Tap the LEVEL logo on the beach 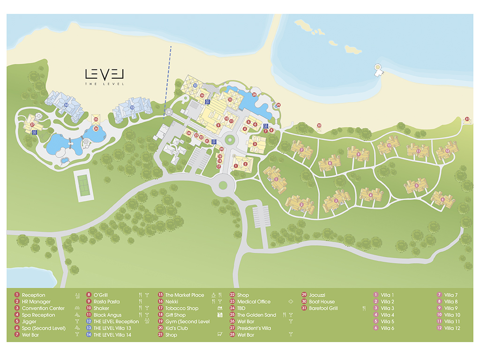[x=104, y=75]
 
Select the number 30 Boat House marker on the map [x=319, y=125]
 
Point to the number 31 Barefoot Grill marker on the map [x=467, y=119]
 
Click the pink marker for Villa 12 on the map [x=447, y=151]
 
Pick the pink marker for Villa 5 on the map [x=417, y=186]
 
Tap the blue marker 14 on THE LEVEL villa [x=67, y=105]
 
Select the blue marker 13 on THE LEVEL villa [x=132, y=107]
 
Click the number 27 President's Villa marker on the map [x=32, y=125]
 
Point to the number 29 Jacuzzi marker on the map [x=278, y=105]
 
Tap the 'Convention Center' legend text [x=43, y=308]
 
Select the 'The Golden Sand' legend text [x=256, y=315]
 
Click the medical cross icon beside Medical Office [x=291, y=302]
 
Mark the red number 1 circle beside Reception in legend [x=16, y=295]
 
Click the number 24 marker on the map [x=188, y=134]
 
